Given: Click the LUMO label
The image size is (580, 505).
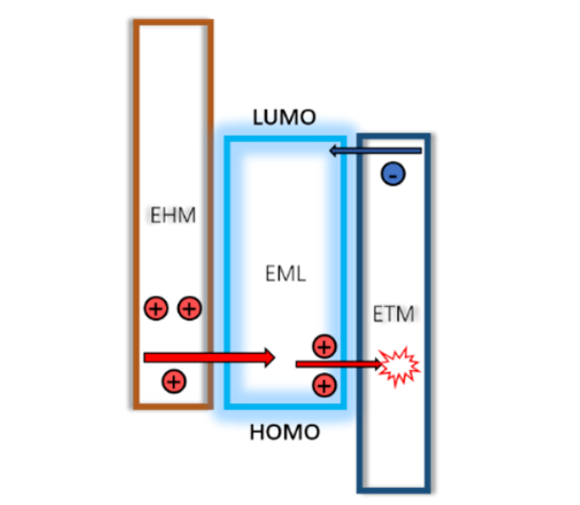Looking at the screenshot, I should point(284,118).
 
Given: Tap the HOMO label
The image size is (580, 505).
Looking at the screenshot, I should point(284,432).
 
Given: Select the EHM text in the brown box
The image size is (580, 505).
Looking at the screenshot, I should point(173,216).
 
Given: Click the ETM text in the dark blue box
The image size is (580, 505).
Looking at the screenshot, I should point(393,315).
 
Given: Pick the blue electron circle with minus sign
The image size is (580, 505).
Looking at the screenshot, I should point(393,173).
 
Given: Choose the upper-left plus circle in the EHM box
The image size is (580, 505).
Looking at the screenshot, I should point(156,309).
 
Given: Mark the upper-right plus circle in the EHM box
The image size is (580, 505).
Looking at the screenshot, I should point(189,309).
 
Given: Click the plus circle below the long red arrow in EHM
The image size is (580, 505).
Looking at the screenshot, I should point(174,381).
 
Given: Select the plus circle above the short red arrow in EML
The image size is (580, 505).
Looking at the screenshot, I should point(324,345).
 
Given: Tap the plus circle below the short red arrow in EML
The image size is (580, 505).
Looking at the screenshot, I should point(324,385).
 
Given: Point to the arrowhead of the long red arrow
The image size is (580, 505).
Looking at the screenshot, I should point(268,357).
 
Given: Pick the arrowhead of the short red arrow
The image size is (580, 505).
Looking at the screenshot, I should point(377,364).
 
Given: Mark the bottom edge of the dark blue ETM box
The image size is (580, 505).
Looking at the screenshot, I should point(393,490).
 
